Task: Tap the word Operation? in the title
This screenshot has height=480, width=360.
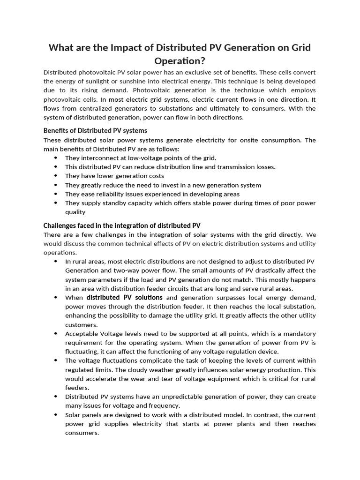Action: click(x=180, y=61)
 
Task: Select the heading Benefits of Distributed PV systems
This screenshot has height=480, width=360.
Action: click(x=95, y=130)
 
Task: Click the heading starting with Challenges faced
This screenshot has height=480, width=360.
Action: click(x=122, y=225)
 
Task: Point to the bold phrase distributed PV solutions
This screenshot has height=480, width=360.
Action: click(x=125, y=298)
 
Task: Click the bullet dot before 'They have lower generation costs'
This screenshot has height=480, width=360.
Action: click(x=56, y=176)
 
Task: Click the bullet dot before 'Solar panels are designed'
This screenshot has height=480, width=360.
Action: click(x=56, y=415)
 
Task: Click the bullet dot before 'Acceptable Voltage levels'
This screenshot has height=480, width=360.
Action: click(x=56, y=334)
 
